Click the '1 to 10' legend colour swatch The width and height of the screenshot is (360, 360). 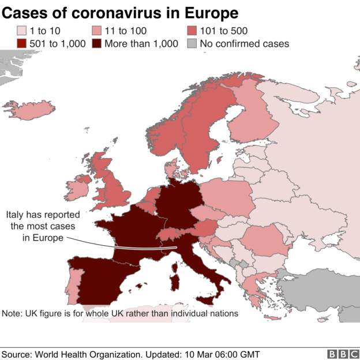[x=21, y=30]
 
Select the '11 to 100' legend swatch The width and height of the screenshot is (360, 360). [x=96, y=30]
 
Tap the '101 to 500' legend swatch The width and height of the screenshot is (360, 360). [x=192, y=30]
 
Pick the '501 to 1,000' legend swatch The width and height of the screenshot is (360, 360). [x=21, y=43]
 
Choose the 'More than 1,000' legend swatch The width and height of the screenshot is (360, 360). [x=96, y=43]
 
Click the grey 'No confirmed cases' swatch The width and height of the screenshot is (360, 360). [x=192, y=43]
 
